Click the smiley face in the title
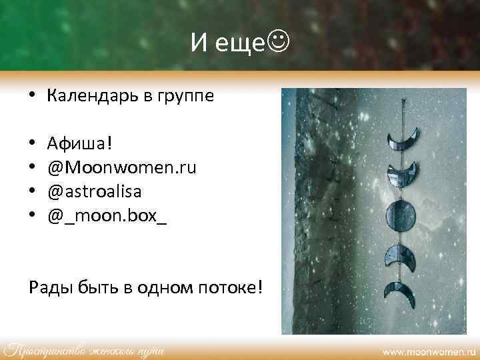tap(280, 43)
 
